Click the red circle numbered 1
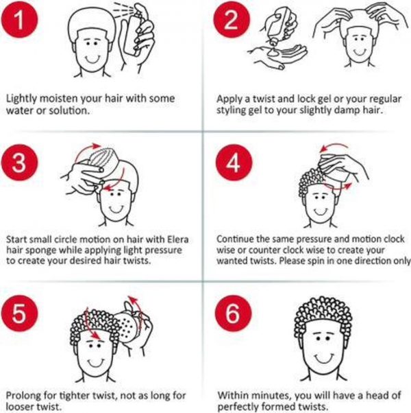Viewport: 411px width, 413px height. (19, 19)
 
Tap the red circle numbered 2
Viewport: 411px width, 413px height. (232, 19)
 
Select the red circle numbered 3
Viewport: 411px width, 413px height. (19, 163)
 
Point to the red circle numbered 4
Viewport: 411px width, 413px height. (234, 163)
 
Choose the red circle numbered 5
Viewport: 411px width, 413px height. (19, 314)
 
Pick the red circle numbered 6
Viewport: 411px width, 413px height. (233, 314)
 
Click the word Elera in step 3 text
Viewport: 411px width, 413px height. (178, 239)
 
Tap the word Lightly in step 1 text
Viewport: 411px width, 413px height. (21, 99)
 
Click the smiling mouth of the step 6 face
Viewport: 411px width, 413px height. (324, 359)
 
